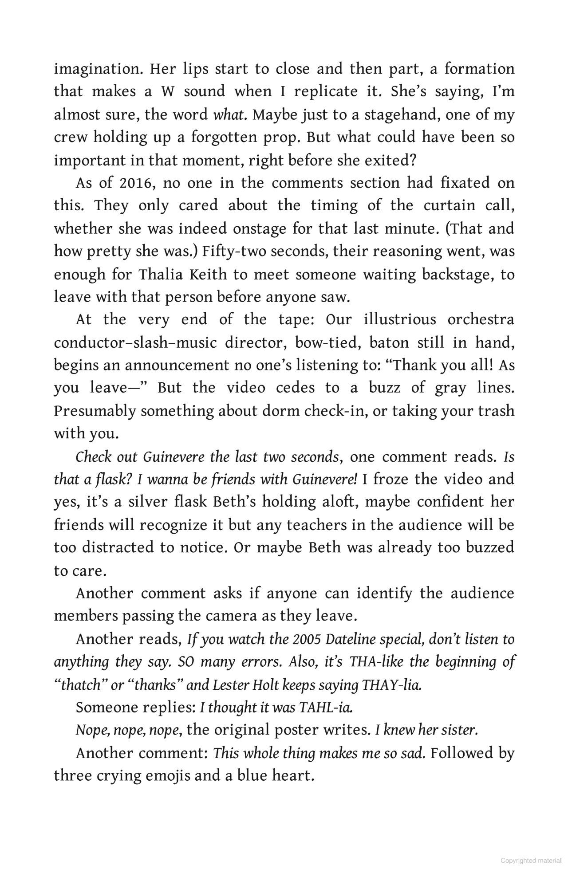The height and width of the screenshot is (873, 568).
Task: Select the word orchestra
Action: point(481,320)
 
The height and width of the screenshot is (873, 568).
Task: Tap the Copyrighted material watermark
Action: point(531,861)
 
